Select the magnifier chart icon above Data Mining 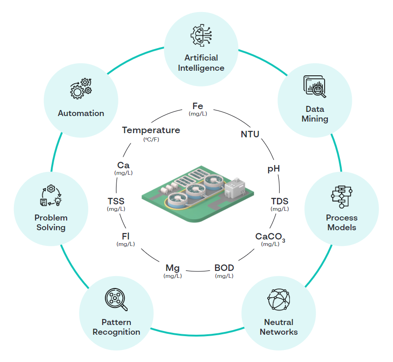[314, 86]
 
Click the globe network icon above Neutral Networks [279, 300]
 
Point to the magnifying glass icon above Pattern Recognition [116, 300]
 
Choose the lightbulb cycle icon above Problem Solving [51, 196]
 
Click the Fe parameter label [197, 107]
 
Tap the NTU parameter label [250, 135]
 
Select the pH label [274, 169]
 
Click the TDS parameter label [280, 201]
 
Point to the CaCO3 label [270, 237]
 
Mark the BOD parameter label [224, 268]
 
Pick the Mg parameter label [172, 268]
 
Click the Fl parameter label [125, 237]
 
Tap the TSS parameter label [116, 201]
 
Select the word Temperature [151, 130]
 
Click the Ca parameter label [123, 165]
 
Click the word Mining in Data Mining [315, 119]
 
